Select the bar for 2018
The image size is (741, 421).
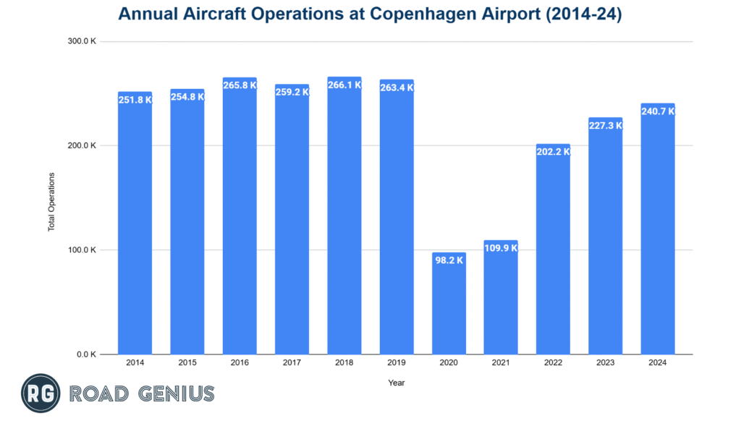[344, 217]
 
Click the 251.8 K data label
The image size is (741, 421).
[135, 100]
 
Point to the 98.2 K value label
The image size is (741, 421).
[449, 260]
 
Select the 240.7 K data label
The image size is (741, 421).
[658, 111]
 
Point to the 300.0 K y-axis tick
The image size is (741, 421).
[82, 41]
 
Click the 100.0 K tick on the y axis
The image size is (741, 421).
[82, 250]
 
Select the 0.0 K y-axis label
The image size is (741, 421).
[87, 354]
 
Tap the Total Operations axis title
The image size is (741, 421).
[51, 201]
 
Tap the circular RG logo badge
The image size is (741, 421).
[40, 394]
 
